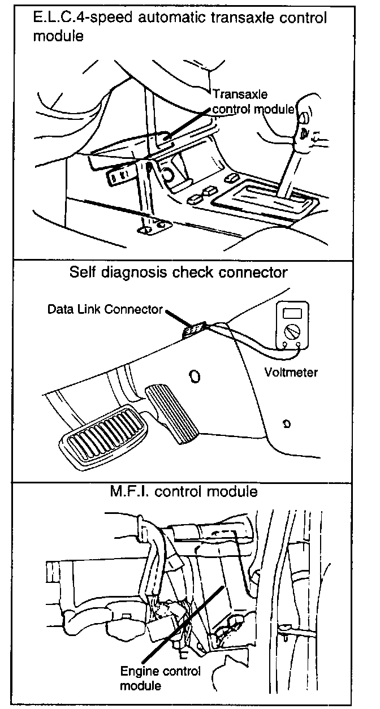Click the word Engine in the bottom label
138,672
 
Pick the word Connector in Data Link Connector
138,310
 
